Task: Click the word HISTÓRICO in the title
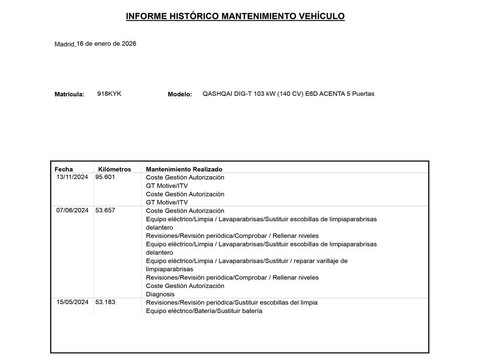[x=194, y=16]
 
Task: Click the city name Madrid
[x=64, y=44]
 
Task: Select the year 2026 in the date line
[x=129, y=43]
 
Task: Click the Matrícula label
[x=69, y=94]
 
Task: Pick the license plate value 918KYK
[x=109, y=94]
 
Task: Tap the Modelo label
[x=180, y=94]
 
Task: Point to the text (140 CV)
[x=290, y=94]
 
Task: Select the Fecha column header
[x=64, y=169]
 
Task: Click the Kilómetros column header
[x=114, y=169]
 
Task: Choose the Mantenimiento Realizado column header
[x=184, y=169]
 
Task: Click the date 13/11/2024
[x=72, y=177]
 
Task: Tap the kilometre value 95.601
[x=105, y=177]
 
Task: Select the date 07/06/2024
[x=72, y=210]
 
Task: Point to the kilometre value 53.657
[x=105, y=210]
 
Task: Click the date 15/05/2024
[x=72, y=302]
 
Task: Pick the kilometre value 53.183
[x=105, y=302]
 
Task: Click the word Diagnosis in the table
[x=160, y=294]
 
